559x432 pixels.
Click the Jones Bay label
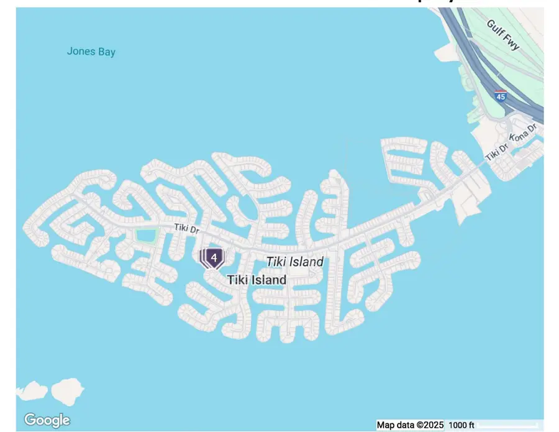pyautogui.click(x=91, y=52)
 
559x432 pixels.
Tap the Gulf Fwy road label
pyautogui.click(x=503, y=35)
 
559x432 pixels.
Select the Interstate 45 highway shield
pyautogui.click(x=501, y=96)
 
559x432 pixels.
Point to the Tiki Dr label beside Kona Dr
pyautogui.click(x=497, y=152)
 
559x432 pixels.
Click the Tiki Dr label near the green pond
pyautogui.click(x=186, y=229)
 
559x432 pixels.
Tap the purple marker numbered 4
pyautogui.click(x=214, y=257)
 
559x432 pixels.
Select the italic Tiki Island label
pyautogui.click(x=294, y=262)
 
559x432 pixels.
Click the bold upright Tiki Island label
pyautogui.click(x=257, y=280)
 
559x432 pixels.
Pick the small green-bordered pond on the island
pyautogui.click(x=146, y=236)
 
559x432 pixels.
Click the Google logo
pyautogui.click(x=47, y=420)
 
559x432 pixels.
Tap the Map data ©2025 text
pyautogui.click(x=410, y=425)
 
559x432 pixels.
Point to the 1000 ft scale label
pyautogui.click(x=461, y=425)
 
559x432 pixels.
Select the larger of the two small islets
pyautogui.click(x=66, y=390)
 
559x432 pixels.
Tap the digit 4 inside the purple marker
pyautogui.click(x=214, y=257)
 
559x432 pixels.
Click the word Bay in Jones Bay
pyautogui.click(x=106, y=52)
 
